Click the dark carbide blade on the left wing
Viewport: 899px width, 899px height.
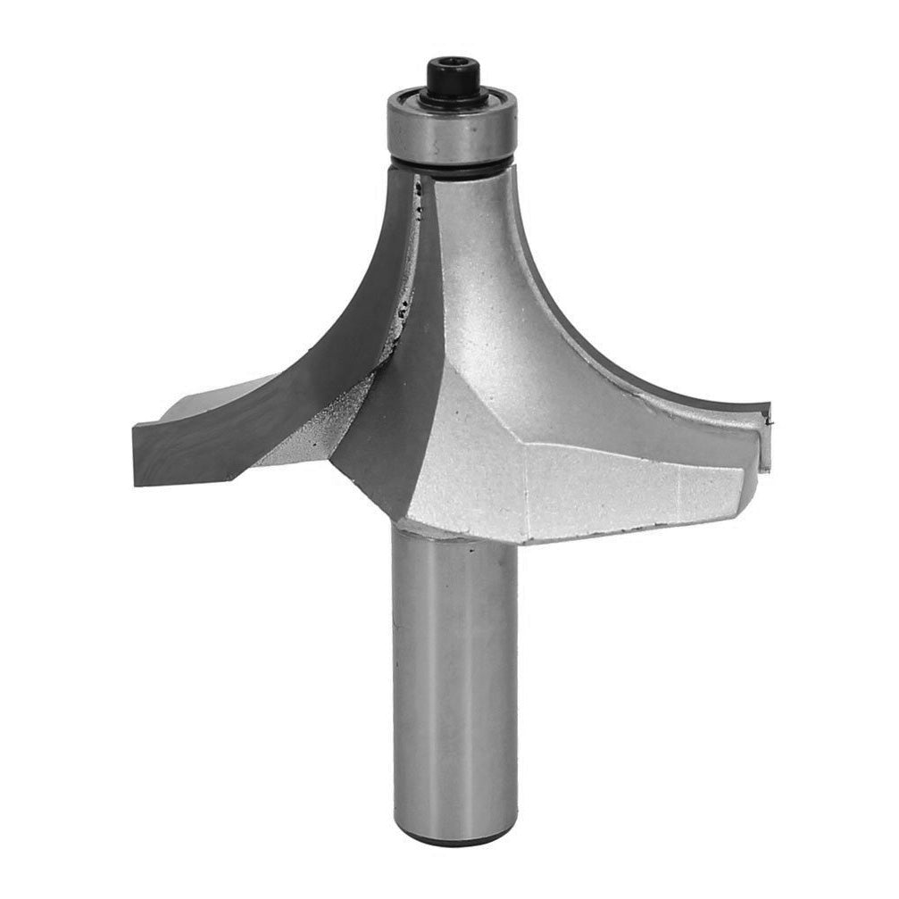coord(295,375)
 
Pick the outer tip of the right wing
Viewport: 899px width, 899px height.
coord(766,437)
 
